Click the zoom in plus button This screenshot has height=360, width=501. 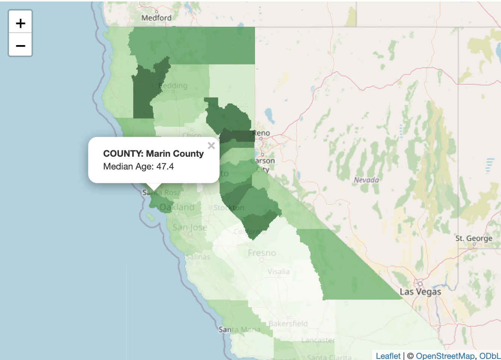point(21,23)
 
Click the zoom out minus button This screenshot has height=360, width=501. point(21,46)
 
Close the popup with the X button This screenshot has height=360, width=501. point(211,146)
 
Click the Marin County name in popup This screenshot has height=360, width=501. point(175,154)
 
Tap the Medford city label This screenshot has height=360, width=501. point(156,18)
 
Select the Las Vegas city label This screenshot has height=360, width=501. point(420,292)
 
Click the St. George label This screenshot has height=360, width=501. point(474,238)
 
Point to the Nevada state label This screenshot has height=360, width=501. point(366,180)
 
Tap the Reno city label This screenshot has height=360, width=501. point(262,133)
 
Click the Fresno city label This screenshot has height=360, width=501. point(262,253)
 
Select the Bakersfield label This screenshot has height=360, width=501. point(288,324)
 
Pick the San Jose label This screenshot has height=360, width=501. point(190,227)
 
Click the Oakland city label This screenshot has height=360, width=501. point(177,207)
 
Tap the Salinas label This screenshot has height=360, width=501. point(198,257)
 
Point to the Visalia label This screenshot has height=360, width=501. point(279,271)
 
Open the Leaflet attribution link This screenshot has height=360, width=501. point(388,355)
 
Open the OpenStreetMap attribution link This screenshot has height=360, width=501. point(445,355)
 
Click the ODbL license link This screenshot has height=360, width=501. point(490,355)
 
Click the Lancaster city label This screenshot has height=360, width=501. point(318,340)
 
